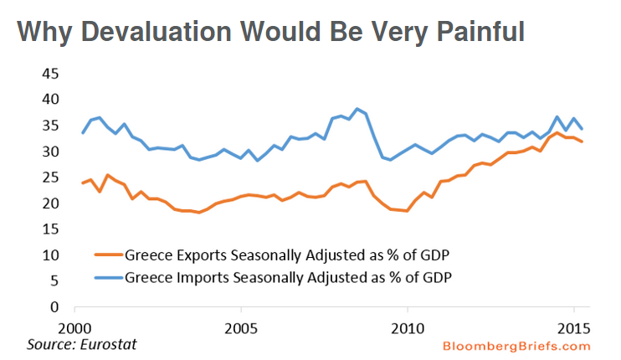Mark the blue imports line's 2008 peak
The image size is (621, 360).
click(x=357, y=109)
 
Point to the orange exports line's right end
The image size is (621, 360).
click(x=583, y=141)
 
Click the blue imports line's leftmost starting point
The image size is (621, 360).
click(x=82, y=133)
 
